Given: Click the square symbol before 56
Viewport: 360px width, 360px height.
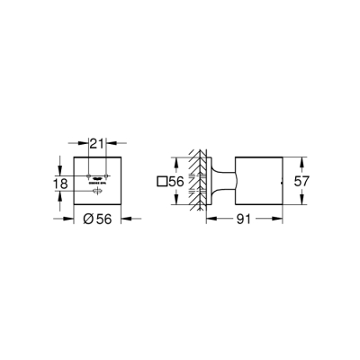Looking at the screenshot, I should click(x=162, y=182).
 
